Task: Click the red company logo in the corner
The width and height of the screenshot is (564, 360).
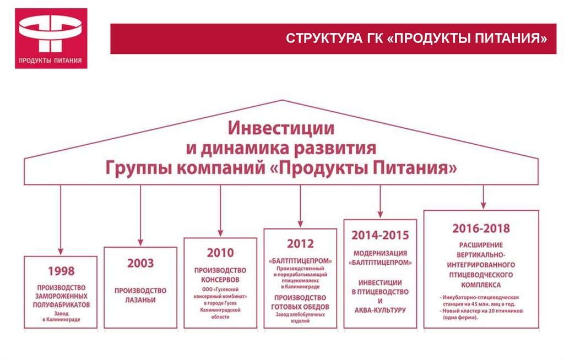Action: [x=51, y=38]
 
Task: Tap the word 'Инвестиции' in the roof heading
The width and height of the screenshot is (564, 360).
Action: [x=281, y=129]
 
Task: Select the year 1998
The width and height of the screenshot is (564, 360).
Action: [x=61, y=270]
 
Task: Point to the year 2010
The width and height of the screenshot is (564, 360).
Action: [x=220, y=253]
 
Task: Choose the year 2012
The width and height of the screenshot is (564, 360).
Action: [x=300, y=243]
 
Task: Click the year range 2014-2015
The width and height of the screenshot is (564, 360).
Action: [x=380, y=235]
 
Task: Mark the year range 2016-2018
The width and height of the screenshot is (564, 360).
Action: [x=481, y=228]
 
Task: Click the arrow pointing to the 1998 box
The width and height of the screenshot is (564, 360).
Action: [x=61, y=220]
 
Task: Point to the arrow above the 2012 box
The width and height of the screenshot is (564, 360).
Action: [x=300, y=206]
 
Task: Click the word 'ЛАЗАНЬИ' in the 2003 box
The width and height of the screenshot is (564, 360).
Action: [x=140, y=300]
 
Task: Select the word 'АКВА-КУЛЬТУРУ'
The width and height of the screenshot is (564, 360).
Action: [x=380, y=310]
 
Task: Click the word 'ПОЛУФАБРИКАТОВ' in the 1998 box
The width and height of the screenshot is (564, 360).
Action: [x=61, y=304]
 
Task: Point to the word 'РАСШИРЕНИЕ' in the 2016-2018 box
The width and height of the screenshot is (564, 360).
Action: [x=481, y=245]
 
